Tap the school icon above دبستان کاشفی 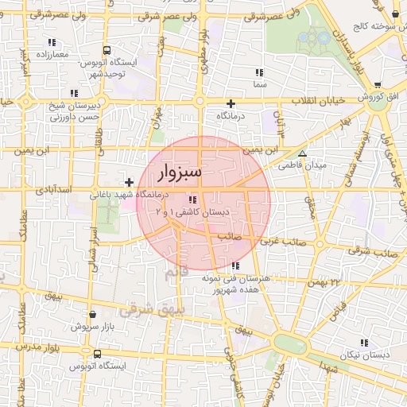click(x=193, y=200)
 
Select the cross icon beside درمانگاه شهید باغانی click(x=130, y=183)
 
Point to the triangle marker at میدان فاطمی click(x=302, y=153)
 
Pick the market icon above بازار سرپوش click(x=95, y=316)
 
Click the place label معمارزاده click(x=52, y=54)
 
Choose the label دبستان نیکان click(x=363, y=355)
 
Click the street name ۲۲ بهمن click(x=325, y=282)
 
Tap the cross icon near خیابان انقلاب click(x=231, y=103)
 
